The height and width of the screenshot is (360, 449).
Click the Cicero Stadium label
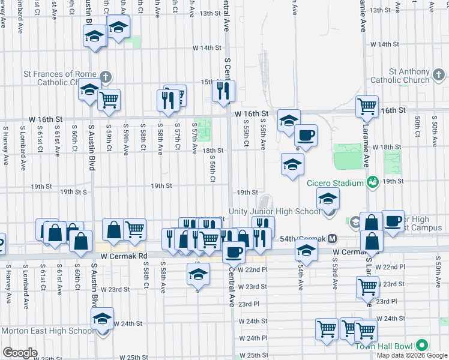pyautogui.click(x=336, y=183)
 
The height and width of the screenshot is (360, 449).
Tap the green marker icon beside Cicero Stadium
pyautogui.click(x=372, y=182)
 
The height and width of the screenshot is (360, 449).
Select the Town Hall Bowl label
pyautogui.click(x=385, y=346)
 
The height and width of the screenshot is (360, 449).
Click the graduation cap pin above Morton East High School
pyautogui.click(x=102, y=319)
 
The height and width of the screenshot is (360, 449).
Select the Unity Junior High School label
pyautogui.click(x=275, y=211)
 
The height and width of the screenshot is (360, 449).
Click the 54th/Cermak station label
pyautogui.click(x=303, y=239)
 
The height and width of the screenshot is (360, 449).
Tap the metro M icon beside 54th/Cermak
pyautogui.click(x=332, y=239)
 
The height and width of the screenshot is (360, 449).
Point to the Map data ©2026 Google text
pyautogui.click(x=412, y=355)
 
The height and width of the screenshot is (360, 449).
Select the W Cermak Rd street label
pyautogui.click(x=124, y=256)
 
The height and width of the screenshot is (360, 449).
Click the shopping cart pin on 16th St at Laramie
pyautogui.click(x=366, y=106)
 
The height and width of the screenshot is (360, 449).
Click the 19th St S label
pyautogui.click(x=74, y=193)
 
